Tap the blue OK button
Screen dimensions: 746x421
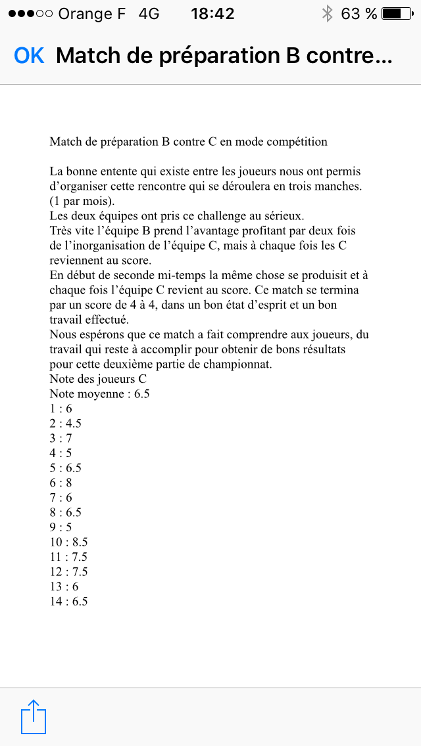point(29,56)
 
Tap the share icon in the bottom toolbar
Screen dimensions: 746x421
point(34,716)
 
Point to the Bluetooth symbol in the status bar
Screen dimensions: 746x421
point(327,13)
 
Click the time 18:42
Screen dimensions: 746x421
point(212,13)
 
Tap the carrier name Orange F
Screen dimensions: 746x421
point(91,13)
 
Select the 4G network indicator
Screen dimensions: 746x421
point(149,13)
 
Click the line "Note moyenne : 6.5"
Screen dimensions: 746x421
point(99,394)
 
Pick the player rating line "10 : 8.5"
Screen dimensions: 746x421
point(68,542)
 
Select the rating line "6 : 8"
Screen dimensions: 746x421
point(61,483)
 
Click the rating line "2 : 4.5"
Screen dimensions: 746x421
point(65,424)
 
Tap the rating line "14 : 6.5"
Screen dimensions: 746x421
point(68,601)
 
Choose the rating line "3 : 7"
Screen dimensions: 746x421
point(61,438)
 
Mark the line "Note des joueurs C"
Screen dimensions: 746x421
point(98,379)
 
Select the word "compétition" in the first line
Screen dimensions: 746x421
point(295,141)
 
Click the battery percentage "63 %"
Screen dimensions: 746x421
point(359,13)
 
